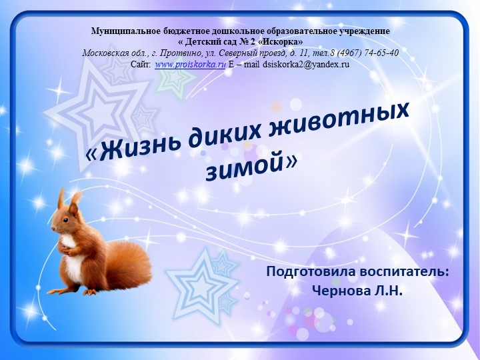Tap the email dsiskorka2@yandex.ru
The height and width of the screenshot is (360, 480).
(306, 64)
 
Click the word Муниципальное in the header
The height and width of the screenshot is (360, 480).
(123, 31)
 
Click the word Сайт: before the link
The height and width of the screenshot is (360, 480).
(141, 64)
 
